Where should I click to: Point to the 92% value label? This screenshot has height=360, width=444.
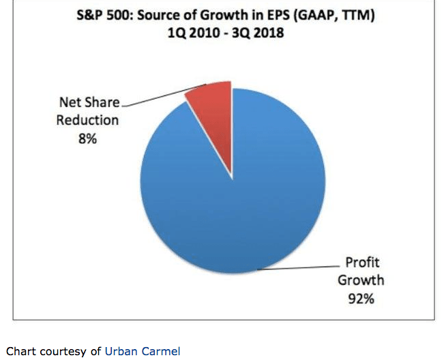359,298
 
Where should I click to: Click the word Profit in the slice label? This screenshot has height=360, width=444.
361,262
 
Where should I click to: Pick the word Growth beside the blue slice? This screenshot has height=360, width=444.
361,280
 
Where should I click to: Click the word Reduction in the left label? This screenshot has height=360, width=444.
87,120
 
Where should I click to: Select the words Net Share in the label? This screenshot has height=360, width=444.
88,103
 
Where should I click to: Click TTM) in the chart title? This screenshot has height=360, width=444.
359,15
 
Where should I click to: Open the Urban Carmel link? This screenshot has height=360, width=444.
143,351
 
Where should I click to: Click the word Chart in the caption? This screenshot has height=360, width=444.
20,351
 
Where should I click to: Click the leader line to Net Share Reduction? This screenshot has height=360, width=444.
164,95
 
